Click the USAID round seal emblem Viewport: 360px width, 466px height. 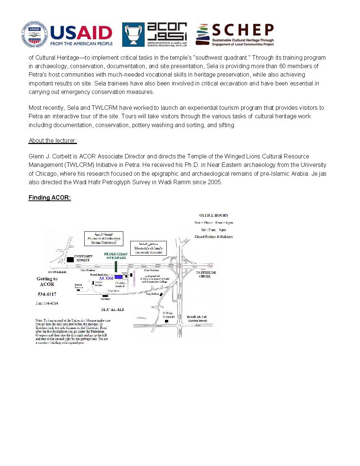pos(35,34)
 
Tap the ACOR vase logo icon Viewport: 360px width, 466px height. pos(133,35)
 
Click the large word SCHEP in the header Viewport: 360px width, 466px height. pos(243,30)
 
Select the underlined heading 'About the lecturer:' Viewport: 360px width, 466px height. pos(53,141)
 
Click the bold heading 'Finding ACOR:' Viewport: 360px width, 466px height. pos(50,198)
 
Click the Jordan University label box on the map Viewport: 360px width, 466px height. pos(103,238)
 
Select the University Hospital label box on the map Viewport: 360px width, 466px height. pos(148,248)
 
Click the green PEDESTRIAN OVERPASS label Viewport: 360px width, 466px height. pos(116,256)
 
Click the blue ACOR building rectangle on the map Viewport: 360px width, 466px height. pos(119,277)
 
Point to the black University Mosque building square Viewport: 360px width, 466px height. pos(70,260)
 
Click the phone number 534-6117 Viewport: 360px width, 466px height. pos(47,294)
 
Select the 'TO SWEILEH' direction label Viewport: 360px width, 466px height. pos(57,272)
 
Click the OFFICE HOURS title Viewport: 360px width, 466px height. pos(213,216)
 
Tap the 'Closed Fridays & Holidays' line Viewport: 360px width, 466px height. pos(213,237)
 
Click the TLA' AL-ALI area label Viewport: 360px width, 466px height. pos(112,310)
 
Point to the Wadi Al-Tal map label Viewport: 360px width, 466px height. pos(197,317)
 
